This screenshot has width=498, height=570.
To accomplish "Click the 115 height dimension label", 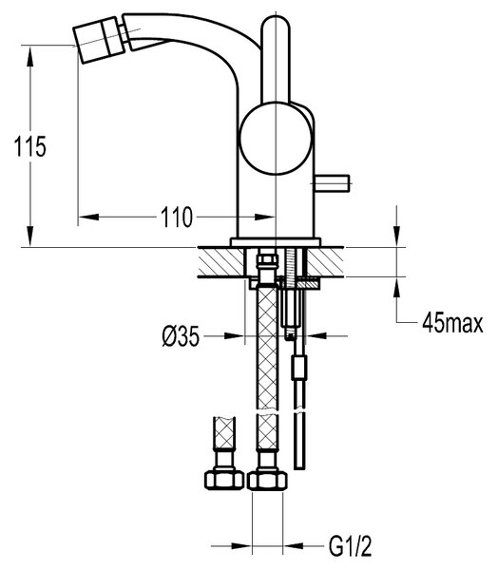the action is coord(30,146).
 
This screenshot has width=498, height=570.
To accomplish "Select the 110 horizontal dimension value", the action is coord(177,217).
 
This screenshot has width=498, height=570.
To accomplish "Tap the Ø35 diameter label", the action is coord(181,336).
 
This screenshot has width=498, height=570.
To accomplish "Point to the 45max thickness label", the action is coord(452,323).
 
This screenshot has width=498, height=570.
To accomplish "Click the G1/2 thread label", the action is coord(351,546).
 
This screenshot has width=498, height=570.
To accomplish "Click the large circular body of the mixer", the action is coord(276,138).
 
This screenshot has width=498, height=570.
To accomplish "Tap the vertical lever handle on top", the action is coord(276,58).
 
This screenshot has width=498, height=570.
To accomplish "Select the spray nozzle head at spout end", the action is coord(99,40).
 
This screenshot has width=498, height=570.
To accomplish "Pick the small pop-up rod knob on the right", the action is coord(332,183).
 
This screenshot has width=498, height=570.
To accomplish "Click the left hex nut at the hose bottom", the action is coord(223,480).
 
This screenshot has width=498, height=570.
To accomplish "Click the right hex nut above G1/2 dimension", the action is coord(267,480).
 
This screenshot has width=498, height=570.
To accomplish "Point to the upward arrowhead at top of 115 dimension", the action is coord(29,56).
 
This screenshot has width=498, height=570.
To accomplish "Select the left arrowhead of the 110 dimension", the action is coord(88,217).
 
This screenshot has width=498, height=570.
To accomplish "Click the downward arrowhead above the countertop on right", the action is coord(396,237).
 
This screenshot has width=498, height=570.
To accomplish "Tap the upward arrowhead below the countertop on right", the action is coord(396,288).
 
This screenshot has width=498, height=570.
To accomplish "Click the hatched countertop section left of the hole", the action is coord(220,262).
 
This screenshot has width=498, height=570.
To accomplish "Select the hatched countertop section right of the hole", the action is coord(325,262).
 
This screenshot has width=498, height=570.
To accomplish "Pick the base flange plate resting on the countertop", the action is coord(276,242).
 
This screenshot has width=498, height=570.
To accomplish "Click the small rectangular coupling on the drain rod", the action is coord(299,368).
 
